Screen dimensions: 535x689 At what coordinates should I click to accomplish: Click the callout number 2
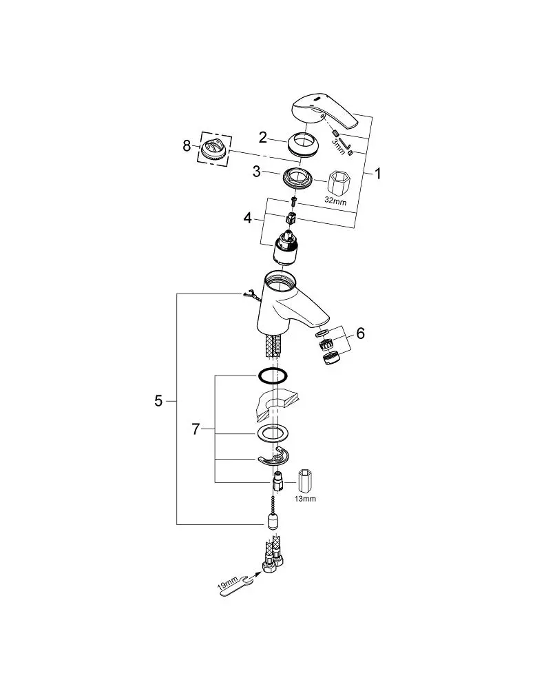click(262, 138)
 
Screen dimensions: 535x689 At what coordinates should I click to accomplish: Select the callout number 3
click(257, 172)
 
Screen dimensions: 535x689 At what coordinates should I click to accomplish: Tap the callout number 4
click(248, 218)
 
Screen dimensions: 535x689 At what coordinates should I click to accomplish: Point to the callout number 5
click(158, 401)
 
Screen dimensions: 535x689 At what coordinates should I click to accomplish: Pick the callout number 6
click(360, 333)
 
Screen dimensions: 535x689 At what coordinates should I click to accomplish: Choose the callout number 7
click(196, 429)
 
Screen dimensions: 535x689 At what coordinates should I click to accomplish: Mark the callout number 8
click(187, 145)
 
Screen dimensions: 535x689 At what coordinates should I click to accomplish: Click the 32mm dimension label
click(335, 202)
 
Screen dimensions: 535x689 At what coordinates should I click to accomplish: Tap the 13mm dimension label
click(306, 499)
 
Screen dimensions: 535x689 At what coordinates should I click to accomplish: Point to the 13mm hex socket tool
click(305, 482)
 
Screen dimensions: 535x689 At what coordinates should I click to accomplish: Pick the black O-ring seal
click(273, 377)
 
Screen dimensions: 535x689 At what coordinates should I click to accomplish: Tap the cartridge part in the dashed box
click(214, 148)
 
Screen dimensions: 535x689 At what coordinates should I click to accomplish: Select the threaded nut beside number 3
click(297, 178)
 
